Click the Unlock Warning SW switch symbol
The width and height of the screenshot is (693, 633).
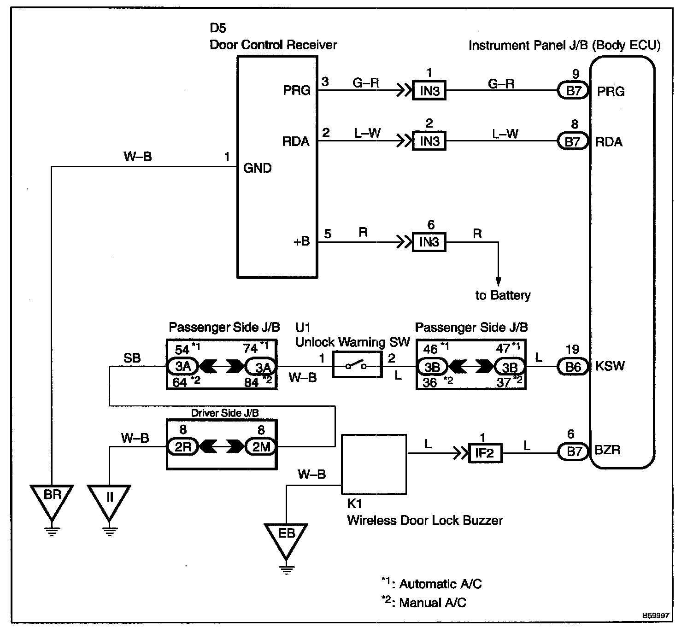click(357, 366)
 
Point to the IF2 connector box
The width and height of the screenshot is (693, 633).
click(485, 453)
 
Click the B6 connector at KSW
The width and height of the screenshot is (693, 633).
click(573, 366)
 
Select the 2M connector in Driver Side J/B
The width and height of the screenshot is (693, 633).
click(261, 446)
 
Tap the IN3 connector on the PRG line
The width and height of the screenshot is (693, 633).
click(429, 91)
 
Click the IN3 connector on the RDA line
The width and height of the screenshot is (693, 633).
click(429, 141)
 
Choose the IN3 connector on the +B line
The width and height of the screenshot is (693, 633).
click(429, 242)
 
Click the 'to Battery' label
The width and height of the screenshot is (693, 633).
click(503, 295)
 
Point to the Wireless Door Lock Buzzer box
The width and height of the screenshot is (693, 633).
click(374, 464)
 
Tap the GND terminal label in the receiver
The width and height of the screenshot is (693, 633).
click(257, 168)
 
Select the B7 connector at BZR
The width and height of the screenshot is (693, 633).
click(573, 451)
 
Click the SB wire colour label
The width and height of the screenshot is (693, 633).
click(132, 358)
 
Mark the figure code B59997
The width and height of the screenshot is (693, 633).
click(657, 615)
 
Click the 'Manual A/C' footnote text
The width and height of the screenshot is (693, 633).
click(432, 603)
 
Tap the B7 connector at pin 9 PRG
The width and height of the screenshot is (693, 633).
click(573, 91)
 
